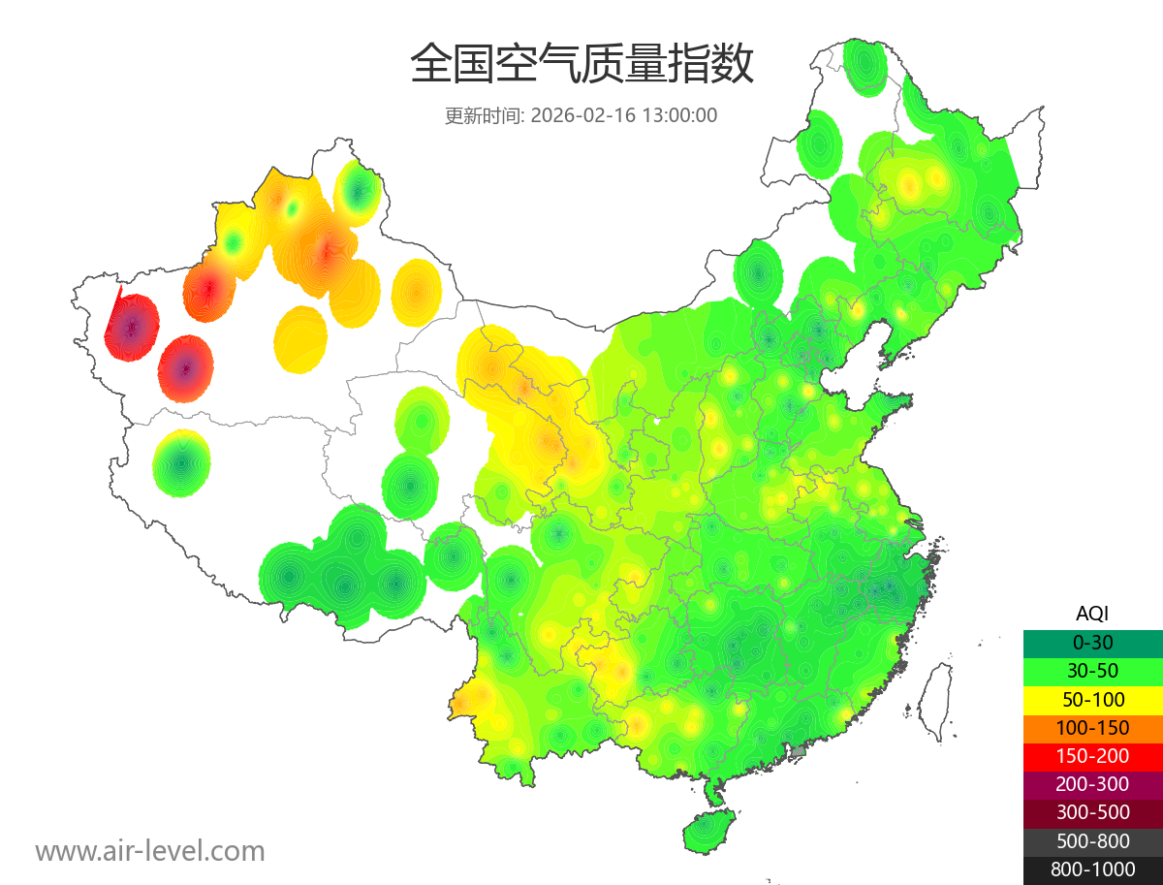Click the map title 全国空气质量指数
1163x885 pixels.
tap(581, 65)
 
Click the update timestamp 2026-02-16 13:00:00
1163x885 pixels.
tap(624, 115)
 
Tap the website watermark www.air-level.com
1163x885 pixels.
tap(150, 851)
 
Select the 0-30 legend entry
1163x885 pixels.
tap(1092, 643)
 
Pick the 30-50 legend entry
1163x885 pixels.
tap(1092, 671)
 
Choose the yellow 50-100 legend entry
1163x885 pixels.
tap(1092, 699)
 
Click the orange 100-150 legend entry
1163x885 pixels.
tap(1092, 728)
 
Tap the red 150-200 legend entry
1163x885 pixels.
tap(1092, 756)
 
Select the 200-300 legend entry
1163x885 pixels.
tap(1092, 784)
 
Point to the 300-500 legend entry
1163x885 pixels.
tap(1092, 812)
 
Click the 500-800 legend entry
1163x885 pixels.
tap(1092, 841)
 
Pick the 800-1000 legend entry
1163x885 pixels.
tap(1092, 869)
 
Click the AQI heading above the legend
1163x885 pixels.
tap(1092, 614)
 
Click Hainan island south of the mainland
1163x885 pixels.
tap(708, 832)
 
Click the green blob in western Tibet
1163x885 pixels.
tap(181, 463)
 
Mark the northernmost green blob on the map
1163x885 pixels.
tap(864, 66)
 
